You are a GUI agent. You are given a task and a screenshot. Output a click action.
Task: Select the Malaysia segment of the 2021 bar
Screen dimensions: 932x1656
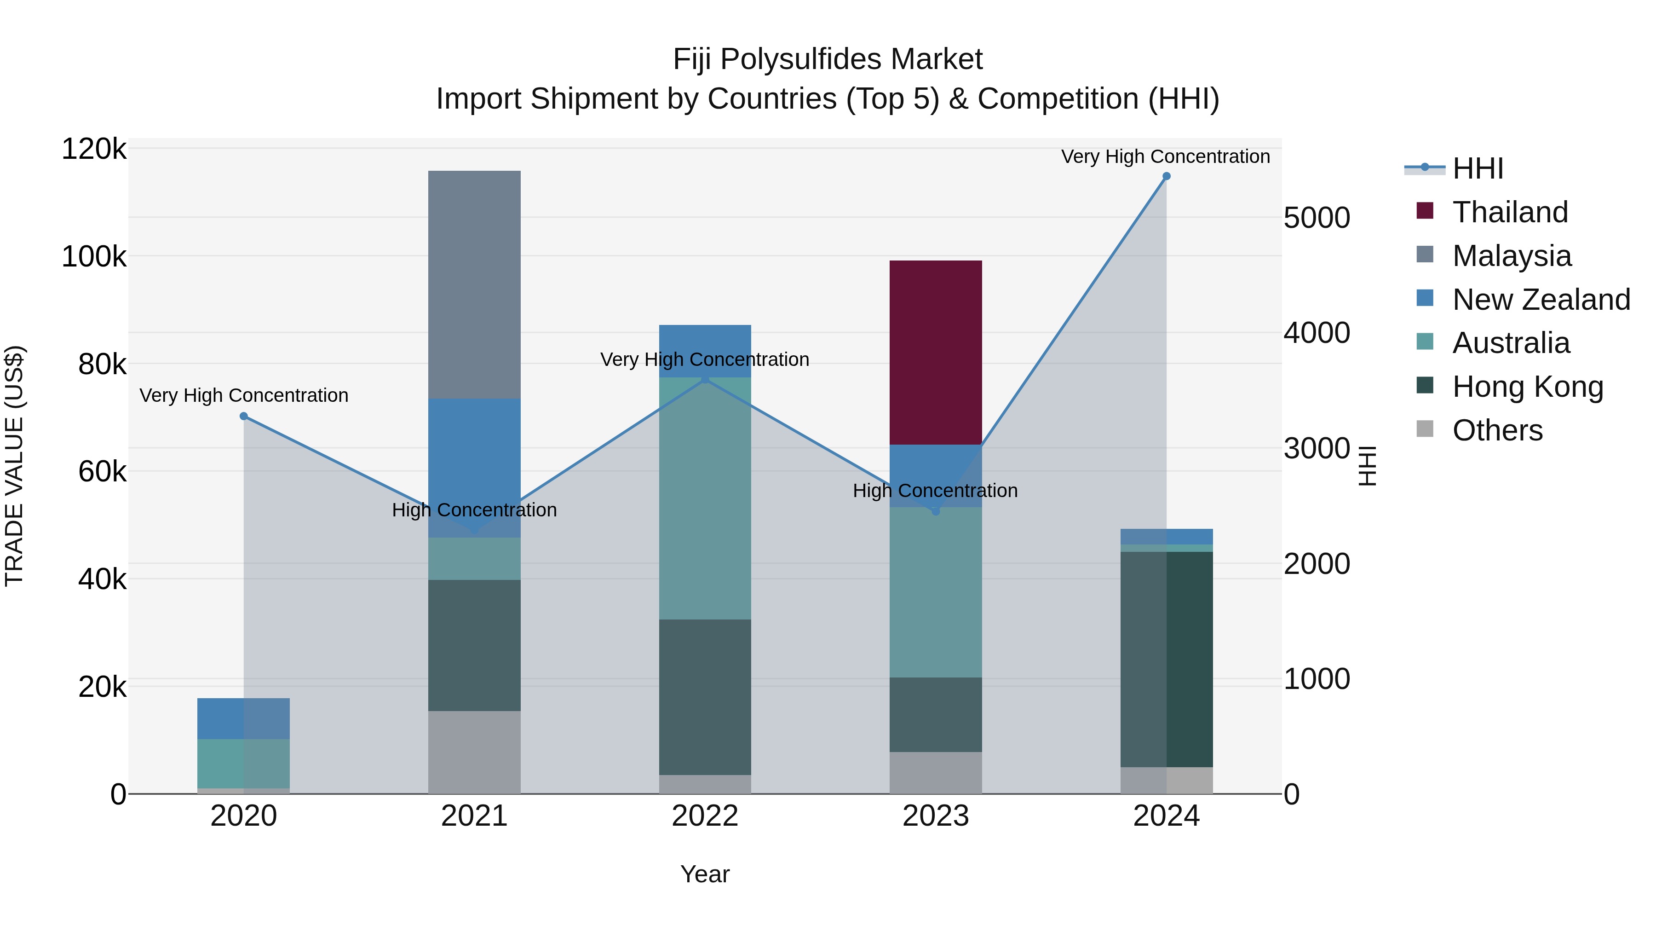[x=474, y=284]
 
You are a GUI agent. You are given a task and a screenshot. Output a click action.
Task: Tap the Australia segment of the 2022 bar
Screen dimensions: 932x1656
[x=705, y=498]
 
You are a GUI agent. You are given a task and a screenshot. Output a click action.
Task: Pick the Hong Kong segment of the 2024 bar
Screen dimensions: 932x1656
[x=1166, y=659]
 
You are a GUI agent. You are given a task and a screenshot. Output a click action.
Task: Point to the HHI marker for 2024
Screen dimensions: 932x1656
[x=1166, y=176]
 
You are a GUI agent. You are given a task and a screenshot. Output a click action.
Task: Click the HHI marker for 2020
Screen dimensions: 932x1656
[x=244, y=416]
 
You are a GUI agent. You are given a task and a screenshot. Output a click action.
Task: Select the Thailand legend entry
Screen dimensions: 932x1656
[x=1510, y=212]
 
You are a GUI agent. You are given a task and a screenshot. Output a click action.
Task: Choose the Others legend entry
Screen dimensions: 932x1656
[x=1497, y=430]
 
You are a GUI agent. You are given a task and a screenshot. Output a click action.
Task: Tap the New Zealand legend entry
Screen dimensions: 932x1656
[x=1541, y=300]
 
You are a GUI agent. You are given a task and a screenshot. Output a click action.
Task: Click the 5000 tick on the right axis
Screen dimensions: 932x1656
[x=1317, y=218]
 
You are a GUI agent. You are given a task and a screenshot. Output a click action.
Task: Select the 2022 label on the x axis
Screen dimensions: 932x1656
[x=705, y=816]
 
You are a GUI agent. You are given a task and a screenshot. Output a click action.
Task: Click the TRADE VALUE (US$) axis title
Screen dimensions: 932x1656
[x=14, y=466]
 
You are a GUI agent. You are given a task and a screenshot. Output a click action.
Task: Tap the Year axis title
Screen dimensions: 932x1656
[x=705, y=874]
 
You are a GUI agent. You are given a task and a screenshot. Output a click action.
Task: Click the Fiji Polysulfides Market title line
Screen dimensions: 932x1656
[x=828, y=59]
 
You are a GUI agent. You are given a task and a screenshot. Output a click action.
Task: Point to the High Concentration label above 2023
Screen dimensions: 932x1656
[x=935, y=491]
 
